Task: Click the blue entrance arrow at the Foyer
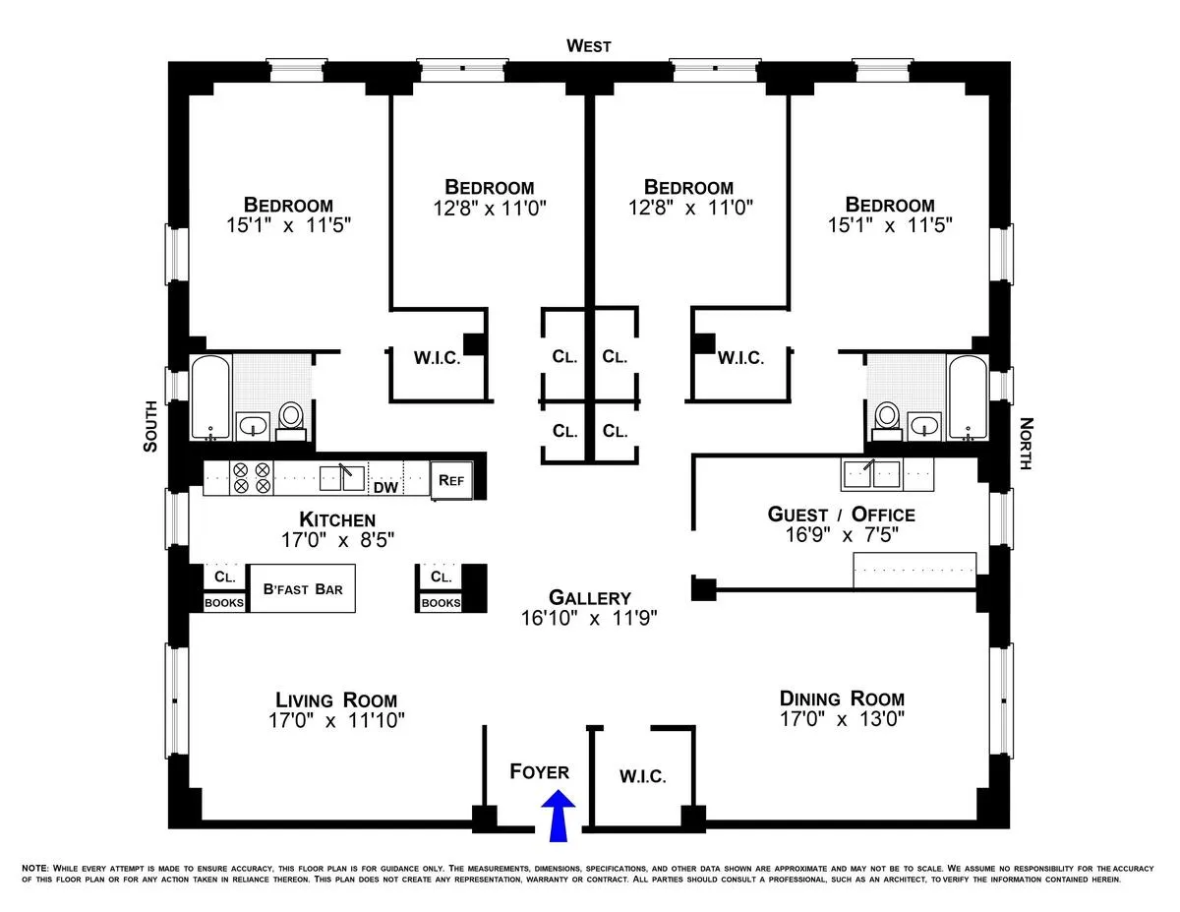(559, 819)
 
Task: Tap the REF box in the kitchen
(451, 481)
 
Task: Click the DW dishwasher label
(383, 486)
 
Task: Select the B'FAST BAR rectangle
(303, 589)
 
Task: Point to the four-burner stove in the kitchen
(252, 478)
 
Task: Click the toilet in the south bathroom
(291, 419)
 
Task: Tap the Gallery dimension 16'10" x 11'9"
(589, 619)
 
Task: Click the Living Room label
(336, 700)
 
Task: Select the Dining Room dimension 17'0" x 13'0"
(842, 719)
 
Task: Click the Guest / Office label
(841, 515)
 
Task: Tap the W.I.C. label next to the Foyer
(643, 776)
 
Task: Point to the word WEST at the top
(589, 46)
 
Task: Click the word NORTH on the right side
(1026, 444)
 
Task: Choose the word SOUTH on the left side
(150, 426)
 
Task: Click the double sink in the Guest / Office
(873, 475)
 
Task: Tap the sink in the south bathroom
(254, 426)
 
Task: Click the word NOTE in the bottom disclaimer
(33, 869)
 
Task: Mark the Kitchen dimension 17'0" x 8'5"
(337, 539)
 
